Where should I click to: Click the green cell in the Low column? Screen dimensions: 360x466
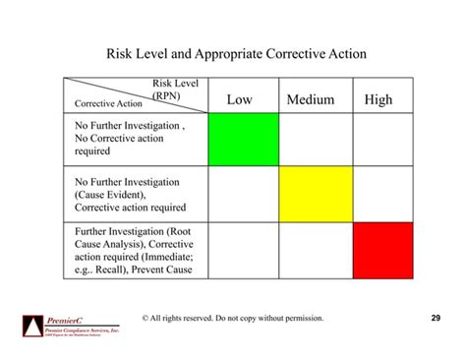[243, 139]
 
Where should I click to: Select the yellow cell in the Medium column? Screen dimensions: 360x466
[315, 194]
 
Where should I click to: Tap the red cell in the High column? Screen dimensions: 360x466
[382, 250]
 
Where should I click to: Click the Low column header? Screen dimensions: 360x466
[239, 99]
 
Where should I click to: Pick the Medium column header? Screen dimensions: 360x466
[311, 99]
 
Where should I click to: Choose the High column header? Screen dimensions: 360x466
[379, 99]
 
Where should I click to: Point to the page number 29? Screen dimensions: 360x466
[437, 318]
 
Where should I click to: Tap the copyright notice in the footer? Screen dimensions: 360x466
[233, 319]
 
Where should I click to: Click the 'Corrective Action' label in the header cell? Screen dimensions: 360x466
[102, 103]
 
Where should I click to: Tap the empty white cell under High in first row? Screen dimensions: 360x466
[382, 139]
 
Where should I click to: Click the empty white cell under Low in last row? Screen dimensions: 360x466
[243, 250]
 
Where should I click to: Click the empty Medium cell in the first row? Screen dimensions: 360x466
[315, 139]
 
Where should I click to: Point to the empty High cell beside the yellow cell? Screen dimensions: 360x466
[382, 194]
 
